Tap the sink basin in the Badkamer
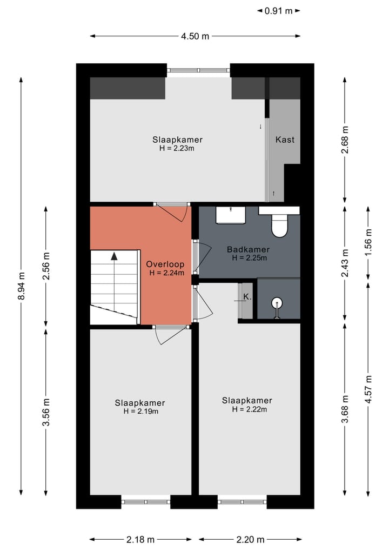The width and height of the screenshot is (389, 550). (x=231, y=215)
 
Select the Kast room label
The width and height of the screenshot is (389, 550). (x=285, y=140)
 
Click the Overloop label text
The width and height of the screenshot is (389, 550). (x=165, y=264)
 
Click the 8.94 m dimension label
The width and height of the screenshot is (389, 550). (x=22, y=286)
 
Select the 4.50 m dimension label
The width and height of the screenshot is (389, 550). (x=195, y=36)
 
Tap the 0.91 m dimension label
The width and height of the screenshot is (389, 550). (x=279, y=11)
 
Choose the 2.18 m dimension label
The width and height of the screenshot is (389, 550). (x=140, y=540)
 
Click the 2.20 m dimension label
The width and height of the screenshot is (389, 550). (x=250, y=540)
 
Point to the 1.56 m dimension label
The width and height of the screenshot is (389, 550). (x=368, y=242)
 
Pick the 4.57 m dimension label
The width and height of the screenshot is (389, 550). (x=368, y=389)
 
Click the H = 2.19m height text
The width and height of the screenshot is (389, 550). (x=141, y=412)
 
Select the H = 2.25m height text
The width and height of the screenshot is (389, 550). (x=250, y=258)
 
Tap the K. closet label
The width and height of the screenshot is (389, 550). (x=247, y=297)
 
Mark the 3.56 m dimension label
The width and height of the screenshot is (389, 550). (x=46, y=412)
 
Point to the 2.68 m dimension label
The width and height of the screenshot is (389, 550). (x=345, y=140)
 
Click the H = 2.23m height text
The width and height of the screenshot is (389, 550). (x=177, y=148)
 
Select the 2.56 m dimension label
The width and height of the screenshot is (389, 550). (x=46, y=266)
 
